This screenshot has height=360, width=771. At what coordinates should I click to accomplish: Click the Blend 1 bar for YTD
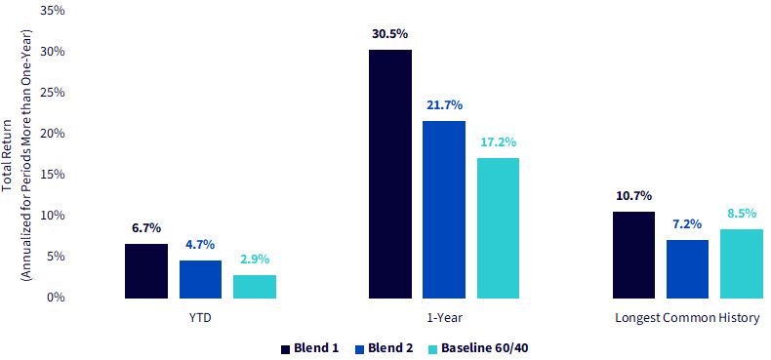pos(146,271)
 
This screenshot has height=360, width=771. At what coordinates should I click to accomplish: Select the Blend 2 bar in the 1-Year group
pos(443,210)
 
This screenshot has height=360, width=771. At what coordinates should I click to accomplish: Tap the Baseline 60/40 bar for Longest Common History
pos(741,263)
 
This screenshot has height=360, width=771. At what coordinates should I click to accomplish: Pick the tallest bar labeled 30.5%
pos(390,174)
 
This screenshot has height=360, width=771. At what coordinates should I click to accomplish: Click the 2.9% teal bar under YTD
pos(254,287)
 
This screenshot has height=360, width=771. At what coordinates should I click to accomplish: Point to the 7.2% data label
pos(687,224)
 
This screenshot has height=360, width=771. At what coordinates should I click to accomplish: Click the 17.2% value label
pos(498,142)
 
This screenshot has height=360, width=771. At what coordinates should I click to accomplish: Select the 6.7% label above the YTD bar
pos(146,228)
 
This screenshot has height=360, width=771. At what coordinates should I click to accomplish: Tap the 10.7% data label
pos(633,196)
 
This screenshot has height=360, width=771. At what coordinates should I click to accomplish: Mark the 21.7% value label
pos(444,105)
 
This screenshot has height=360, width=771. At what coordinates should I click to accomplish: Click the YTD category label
pos(200,318)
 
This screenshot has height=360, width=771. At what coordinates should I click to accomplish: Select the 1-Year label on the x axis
pos(444,318)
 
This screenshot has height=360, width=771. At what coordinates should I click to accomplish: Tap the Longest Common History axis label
pos(687,318)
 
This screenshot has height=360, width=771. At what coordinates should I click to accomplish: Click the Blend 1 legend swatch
pos(285,348)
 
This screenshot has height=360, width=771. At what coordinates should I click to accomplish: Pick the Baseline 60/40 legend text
pos(485,348)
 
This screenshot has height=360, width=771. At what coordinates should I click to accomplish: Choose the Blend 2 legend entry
pos(384,348)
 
